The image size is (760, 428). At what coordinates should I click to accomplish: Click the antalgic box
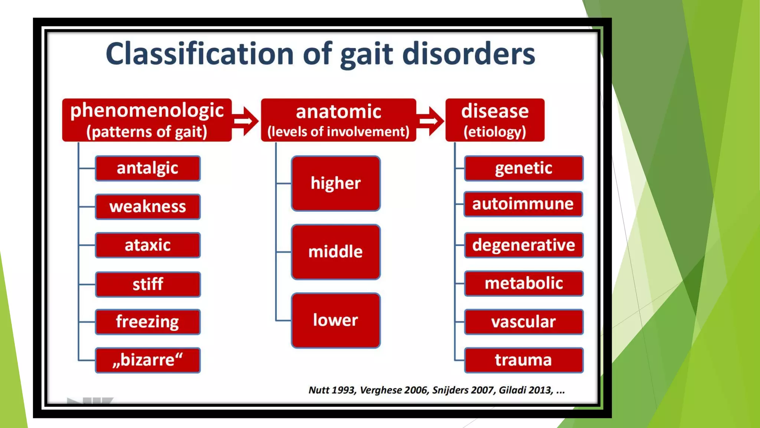[148, 168]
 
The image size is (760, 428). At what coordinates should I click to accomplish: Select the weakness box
[148, 207]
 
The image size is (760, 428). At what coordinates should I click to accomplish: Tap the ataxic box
[148, 245]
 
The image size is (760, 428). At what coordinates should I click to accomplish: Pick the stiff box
[148, 284]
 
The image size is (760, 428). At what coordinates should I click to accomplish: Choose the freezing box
[148, 322]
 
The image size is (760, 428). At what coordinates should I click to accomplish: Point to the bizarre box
[148, 360]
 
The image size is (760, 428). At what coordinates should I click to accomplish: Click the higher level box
[335, 184]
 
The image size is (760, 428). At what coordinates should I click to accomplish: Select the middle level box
[335, 252]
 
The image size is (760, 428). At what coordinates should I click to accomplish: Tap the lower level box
[335, 320]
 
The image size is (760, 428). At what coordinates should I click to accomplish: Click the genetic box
[523, 168]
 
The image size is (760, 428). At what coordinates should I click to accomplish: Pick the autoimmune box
[523, 204]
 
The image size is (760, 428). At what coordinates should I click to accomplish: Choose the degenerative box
[523, 245]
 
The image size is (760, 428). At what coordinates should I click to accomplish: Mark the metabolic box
[523, 283]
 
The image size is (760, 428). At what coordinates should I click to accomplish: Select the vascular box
[523, 322]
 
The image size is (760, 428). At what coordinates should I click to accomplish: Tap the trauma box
[523, 360]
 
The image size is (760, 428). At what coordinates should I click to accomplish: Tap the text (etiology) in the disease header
[495, 132]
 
